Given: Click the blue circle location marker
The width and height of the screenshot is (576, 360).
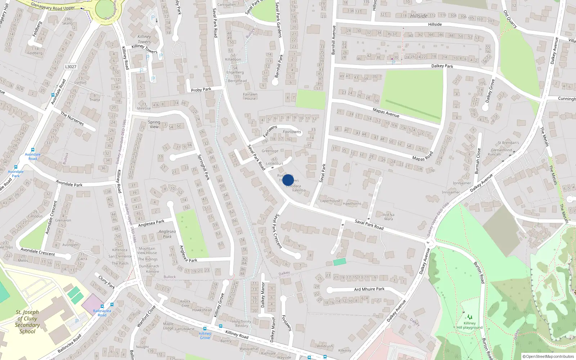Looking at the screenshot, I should coord(288,180).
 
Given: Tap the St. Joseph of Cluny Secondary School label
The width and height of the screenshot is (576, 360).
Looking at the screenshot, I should coord(27,322).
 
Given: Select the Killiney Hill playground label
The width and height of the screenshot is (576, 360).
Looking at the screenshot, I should coord(469,325).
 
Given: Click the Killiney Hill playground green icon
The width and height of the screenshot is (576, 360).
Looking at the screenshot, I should coord(469,317).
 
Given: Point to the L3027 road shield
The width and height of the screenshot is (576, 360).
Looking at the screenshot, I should coord(71,67).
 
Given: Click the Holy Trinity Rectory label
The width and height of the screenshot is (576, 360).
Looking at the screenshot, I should coord(242,324).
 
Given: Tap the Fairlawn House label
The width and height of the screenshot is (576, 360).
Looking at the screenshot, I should coord(250,96).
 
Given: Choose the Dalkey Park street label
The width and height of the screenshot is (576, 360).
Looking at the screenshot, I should coord(442,66).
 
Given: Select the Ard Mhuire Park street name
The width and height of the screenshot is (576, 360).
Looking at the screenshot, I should coord(369,289).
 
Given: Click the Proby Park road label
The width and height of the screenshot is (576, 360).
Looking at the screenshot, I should coord(201,90).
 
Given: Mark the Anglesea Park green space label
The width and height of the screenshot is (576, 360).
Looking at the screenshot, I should coord(167,234).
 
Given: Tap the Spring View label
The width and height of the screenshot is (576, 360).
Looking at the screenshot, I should coord(154,124).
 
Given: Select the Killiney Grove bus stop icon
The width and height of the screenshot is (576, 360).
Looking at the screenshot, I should coord(205,329).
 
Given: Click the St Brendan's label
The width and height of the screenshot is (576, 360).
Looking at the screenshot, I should coord(508,143).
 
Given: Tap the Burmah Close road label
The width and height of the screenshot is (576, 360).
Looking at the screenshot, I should coord(478,161).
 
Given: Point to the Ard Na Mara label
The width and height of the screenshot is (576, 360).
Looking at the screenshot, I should coord(388,217).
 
